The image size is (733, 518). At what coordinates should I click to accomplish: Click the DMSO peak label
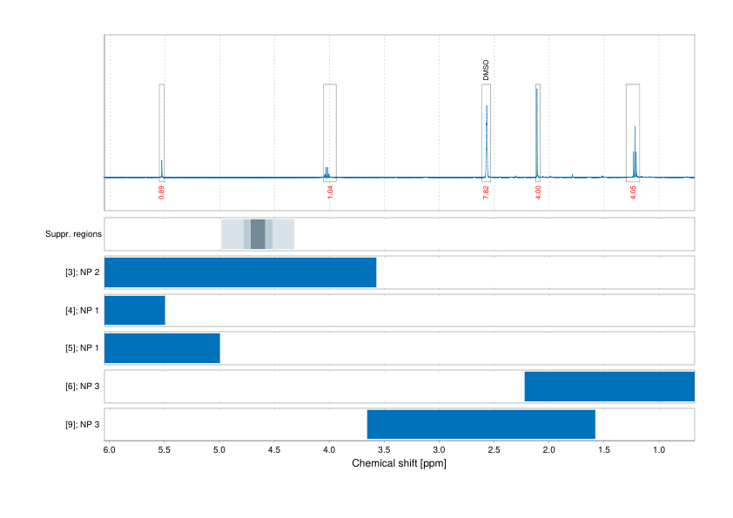click(486, 71)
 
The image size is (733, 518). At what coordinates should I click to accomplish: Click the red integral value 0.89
click(162, 192)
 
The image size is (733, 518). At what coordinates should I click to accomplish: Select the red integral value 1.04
click(330, 192)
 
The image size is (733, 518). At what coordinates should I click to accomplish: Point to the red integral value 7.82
click(486, 192)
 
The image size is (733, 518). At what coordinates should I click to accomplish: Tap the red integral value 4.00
click(538, 192)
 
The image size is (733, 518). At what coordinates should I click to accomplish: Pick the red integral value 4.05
click(633, 192)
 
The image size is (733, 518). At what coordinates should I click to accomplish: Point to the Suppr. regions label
click(73, 234)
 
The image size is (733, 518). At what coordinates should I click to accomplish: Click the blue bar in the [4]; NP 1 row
click(135, 310)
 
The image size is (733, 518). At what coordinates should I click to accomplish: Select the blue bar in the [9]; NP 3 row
click(481, 424)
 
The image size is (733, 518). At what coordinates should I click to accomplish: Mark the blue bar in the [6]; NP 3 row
click(609, 386)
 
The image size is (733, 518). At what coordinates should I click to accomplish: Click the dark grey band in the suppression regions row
click(258, 234)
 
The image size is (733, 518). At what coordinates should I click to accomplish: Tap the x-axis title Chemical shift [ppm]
click(399, 464)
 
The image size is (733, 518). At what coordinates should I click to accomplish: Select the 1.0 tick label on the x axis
click(659, 450)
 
